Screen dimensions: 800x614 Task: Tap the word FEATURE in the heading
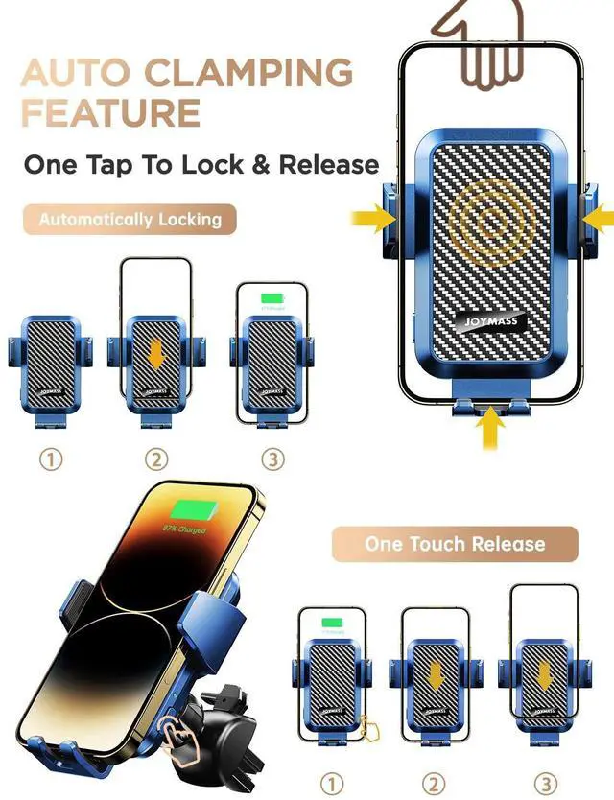point(110,113)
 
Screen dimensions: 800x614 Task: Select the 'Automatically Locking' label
point(130,220)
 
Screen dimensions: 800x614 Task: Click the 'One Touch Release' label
point(455,544)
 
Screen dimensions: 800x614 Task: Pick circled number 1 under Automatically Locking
point(51,459)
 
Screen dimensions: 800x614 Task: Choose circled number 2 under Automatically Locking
point(156,459)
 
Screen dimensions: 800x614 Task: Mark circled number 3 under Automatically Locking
point(273,459)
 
